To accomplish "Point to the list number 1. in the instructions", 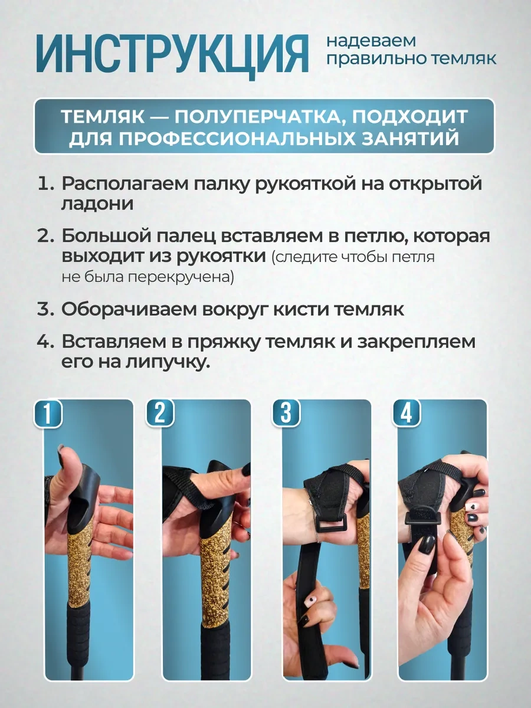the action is coord(46,184).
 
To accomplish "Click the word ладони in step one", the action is coord(97,204).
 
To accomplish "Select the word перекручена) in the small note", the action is coord(181,278).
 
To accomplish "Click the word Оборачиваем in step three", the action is coord(129,310).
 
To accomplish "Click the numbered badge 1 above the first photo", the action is coord(48,414).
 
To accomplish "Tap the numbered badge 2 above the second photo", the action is coord(160,413).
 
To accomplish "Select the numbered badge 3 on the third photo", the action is coord(286,413).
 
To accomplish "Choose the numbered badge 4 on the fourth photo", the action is coord(407,413).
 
